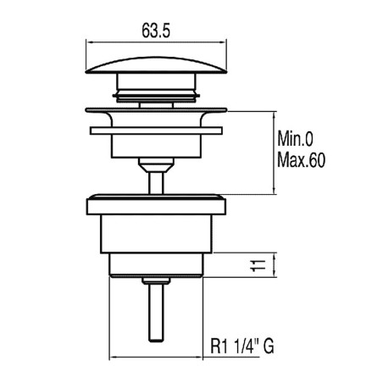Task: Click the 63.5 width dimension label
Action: (x=156, y=31)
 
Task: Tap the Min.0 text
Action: (x=295, y=139)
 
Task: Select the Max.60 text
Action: (x=301, y=160)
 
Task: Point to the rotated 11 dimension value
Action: (x=258, y=265)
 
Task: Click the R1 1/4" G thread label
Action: (x=242, y=346)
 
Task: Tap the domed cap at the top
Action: (x=156, y=65)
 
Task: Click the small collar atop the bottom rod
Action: (x=156, y=280)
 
